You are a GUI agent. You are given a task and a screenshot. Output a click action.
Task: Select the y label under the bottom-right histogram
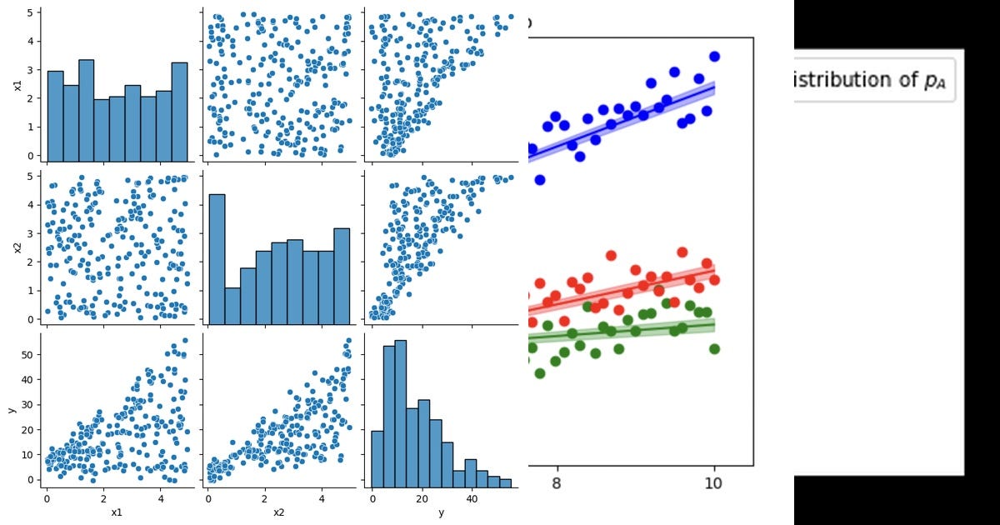pos(441,510)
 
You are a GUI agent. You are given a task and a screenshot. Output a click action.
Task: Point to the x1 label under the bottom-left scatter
pos(116,510)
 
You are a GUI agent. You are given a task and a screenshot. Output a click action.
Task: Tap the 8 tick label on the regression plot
pos(557,485)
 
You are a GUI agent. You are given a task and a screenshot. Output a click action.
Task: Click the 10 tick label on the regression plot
pos(713,485)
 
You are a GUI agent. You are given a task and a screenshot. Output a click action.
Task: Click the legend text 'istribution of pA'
pos(870,80)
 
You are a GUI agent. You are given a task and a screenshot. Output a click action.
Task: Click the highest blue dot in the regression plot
pos(714,57)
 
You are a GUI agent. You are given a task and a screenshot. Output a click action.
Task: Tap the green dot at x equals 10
pos(714,348)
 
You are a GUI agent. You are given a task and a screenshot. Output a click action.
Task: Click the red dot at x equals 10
pos(714,280)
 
